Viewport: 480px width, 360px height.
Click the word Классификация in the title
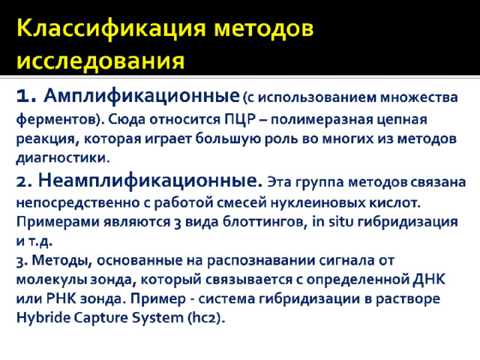[x=111, y=29]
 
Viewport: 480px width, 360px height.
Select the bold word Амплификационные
[x=142, y=96]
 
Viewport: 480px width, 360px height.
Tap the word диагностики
[x=63, y=158]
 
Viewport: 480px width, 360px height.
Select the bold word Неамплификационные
[x=150, y=181]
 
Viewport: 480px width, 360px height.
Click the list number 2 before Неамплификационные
[x=24, y=181]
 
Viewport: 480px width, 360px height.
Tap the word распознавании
[x=261, y=261]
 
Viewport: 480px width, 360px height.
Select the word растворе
[x=408, y=299]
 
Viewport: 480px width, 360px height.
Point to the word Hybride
[x=43, y=318]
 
